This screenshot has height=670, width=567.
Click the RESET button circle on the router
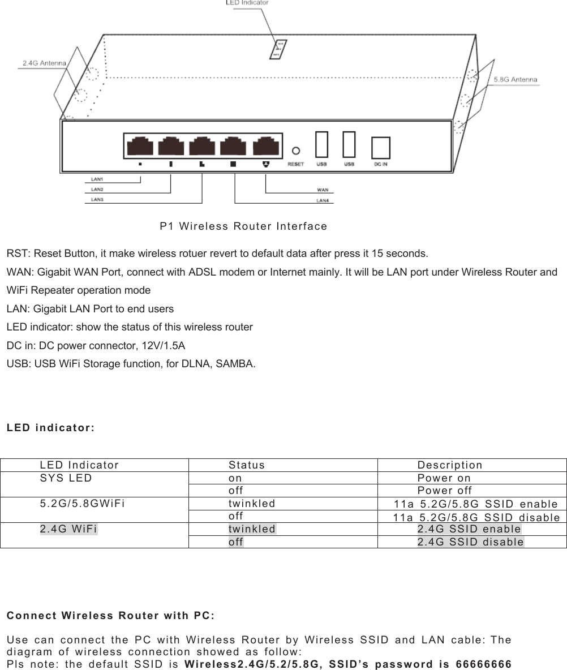[x=295, y=151]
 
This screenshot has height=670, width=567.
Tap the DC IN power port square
[x=381, y=148]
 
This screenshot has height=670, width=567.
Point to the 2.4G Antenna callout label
[x=44, y=63]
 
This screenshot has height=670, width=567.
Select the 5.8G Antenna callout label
[x=516, y=80]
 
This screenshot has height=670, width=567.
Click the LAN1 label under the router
[x=97, y=179]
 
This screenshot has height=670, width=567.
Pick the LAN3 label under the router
[x=97, y=199]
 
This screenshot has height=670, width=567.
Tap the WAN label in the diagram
[x=322, y=190]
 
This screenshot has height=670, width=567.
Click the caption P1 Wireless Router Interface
[x=243, y=226]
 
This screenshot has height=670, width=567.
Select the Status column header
[x=247, y=465]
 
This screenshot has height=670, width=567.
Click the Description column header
[x=450, y=465]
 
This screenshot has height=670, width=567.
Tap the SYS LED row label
[x=66, y=478]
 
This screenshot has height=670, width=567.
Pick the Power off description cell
[x=445, y=491]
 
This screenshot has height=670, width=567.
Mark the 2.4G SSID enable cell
[x=469, y=529]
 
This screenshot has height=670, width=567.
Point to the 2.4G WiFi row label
[x=68, y=529]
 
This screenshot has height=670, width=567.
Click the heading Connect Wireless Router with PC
[x=110, y=616]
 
